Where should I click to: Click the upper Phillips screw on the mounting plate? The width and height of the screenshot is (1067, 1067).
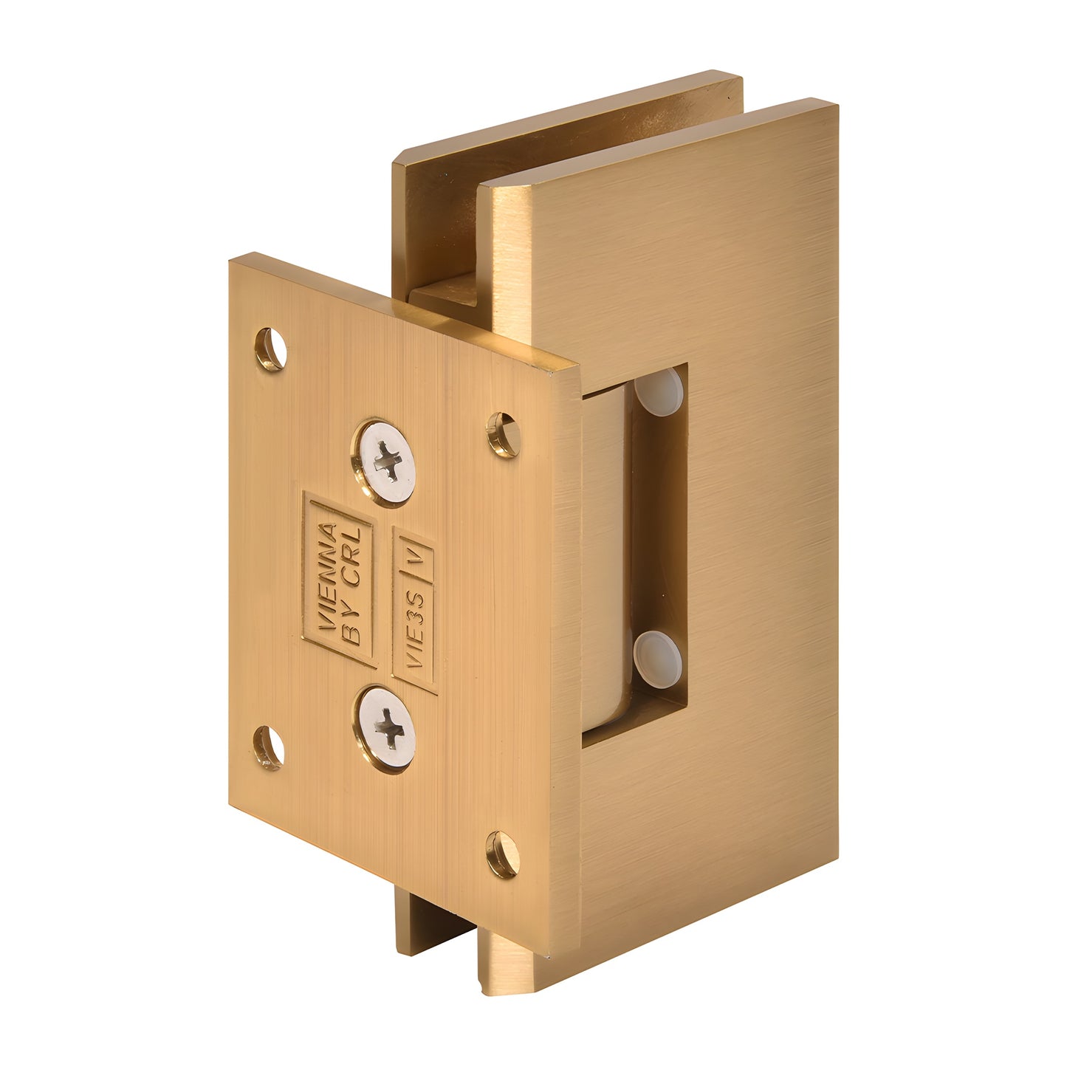click(x=387, y=463)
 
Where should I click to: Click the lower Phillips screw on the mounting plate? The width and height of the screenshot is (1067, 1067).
click(x=387, y=730)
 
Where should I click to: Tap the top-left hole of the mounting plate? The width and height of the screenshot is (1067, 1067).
click(x=271, y=349)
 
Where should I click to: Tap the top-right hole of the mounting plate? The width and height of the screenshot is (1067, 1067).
click(x=504, y=434)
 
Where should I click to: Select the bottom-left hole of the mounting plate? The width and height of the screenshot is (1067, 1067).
click(x=270, y=747)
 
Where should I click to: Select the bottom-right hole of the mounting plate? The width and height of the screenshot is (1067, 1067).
click(x=503, y=854)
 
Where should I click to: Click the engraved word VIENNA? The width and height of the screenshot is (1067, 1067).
click(x=327, y=576)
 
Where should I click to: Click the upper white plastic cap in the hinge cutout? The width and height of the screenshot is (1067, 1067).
click(x=659, y=390)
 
